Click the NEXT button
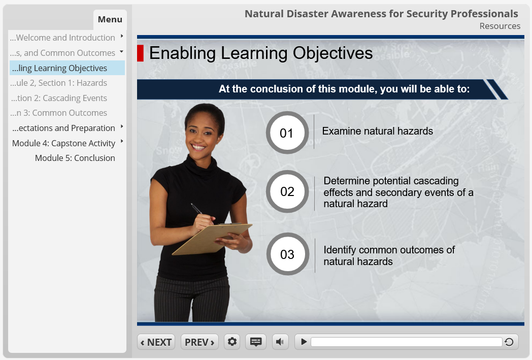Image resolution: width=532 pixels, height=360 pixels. coord(156,342)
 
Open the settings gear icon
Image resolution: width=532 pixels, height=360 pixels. coord(232,342)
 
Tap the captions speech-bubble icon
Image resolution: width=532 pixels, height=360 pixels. coord(256,342)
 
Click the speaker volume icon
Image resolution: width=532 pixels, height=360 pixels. coord(280,342)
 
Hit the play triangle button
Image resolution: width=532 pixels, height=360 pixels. coord(304,342)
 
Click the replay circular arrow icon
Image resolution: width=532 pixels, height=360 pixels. coord(509,342)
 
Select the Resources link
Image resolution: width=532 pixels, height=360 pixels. coord(500,26)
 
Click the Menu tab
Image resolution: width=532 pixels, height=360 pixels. coord(110,19)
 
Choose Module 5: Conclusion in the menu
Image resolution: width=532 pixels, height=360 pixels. coord(75,158)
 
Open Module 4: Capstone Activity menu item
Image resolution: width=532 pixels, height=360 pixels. coord(64,143)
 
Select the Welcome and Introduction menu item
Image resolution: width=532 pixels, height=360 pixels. coord(62,38)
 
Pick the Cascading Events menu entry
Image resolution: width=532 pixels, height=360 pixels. coord(59,98)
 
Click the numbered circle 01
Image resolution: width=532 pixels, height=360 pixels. coord(287,133)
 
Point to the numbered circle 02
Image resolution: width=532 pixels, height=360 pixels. coord(287,192)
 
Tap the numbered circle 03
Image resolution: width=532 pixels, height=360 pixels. coord(287,254)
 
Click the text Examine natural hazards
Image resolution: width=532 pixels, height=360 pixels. coord(377,132)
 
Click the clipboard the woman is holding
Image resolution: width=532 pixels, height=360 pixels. coord(212,239)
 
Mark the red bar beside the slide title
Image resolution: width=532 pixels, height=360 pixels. coord(140,53)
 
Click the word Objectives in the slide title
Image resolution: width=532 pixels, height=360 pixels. coord(332,53)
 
